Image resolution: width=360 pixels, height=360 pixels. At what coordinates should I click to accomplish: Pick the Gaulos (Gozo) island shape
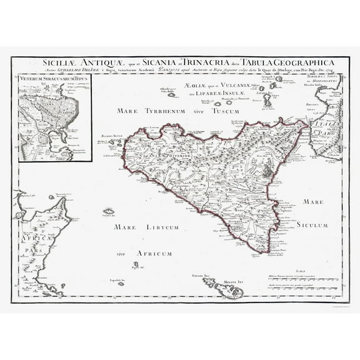coord(211,282)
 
